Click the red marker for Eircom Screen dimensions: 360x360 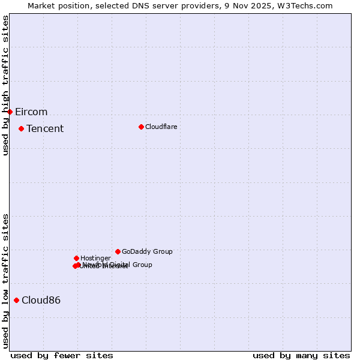tap(10, 112)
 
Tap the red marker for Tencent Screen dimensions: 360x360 tap(21, 128)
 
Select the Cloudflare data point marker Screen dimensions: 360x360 tap(141, 127)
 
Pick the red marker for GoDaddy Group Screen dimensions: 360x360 tap(118, 251)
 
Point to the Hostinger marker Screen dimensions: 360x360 tap(76, 258)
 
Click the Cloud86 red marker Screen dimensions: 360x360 tap(16, 300)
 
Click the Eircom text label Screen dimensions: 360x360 tap(31, 112)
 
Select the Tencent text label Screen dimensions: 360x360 tap(45, 129)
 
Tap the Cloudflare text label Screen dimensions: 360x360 tap(161, 127)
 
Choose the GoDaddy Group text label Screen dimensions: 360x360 tap(147, 252)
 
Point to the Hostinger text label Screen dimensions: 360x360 tap(95, 259)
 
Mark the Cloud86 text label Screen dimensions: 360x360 tap(41, 301)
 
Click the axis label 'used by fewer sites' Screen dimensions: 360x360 tap(62, 355)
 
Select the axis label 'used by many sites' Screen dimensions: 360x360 tap(301, 355)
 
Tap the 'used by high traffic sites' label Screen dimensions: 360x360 tap(5, 85)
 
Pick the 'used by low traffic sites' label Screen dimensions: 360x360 tap(5, 281)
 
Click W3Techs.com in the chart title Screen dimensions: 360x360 tap(308, 5)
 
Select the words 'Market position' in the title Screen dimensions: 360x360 tap(56, 5)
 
